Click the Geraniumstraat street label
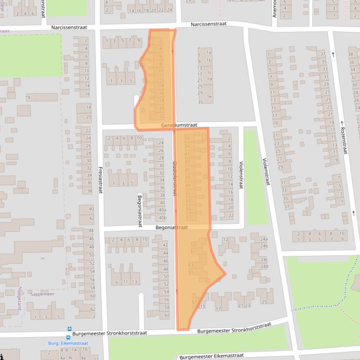click(x=179, y=125)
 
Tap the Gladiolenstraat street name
click(x=175, y=174)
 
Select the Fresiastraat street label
click(x=100, y=180)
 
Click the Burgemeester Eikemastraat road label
click(x=212, y=356)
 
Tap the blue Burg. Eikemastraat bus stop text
click(x=68, y=343)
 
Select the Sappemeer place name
click(x=42, y=294)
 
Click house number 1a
click(x=209, y=53)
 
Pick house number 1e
click(x=209, y=97)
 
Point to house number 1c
click(x=209, y=72)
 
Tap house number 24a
click(x=264, y=239)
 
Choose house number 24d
click(x=264, y=266)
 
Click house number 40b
click(x=162, y=218)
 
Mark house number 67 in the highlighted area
click(x=195, y=302)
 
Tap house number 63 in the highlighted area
click(x=191, y=265)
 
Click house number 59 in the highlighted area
click(x=193, y=245)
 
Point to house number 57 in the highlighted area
click(x=189, y=217)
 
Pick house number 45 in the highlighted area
click(x=188, y=170)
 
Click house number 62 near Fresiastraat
click(x=93, y=309)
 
